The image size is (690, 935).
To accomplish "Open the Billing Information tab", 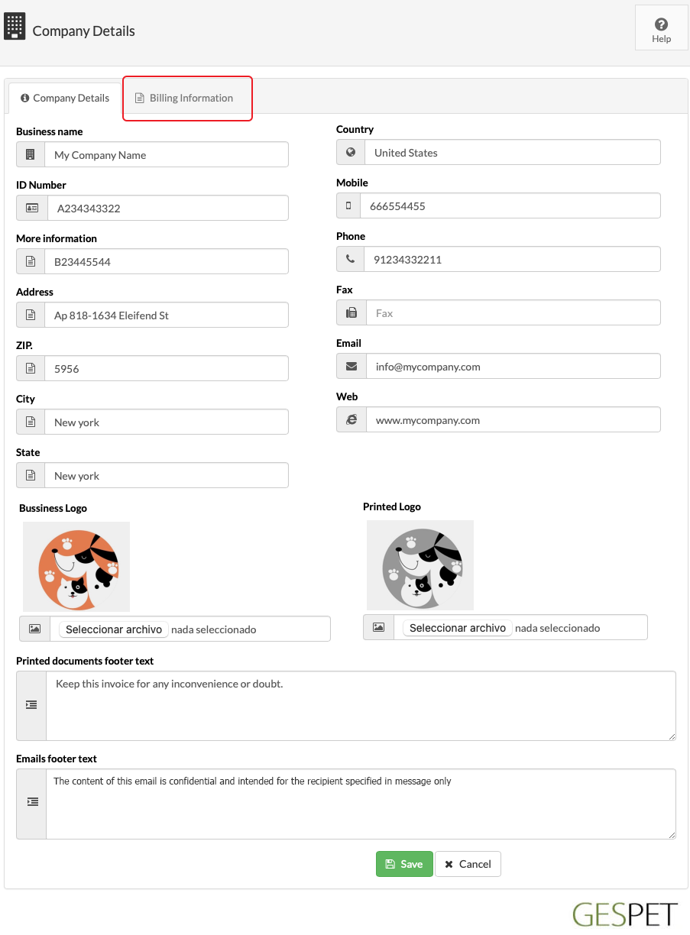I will click(x=187, y=98).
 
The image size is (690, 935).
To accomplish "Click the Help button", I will click(x=661, y=31).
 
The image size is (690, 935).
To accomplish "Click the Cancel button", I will click(x=468, y=864).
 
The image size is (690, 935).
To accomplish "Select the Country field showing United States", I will click(x=512, y=153).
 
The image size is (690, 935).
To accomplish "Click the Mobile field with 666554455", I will click(x=512, y=206).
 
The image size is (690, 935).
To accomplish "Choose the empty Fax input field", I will click(x=512, y=313).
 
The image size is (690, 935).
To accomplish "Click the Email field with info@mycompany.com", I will click(x=512, y=367).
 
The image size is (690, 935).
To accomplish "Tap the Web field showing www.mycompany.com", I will click(x=512, y=420).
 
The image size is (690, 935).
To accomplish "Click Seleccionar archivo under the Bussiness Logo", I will click(x=114, y=629).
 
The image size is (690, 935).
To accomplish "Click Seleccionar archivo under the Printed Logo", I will click(x=458, y=628).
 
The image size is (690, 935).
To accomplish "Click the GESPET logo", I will click(x=624, y=914).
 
